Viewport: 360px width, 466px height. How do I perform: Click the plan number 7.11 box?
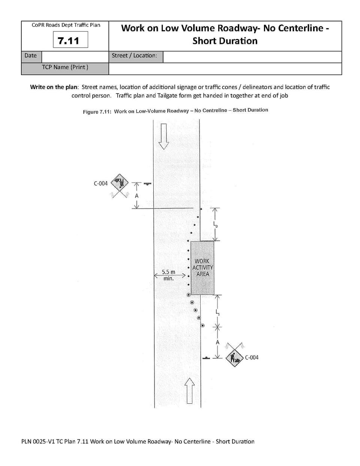coord(70,40)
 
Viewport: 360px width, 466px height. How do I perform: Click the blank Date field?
coord(75,56)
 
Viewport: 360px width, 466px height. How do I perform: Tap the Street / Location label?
coord(134,56)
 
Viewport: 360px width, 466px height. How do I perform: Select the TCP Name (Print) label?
coord(65,67)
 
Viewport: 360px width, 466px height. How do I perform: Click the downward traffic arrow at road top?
coord(164,136)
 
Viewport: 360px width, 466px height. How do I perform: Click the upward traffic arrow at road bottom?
coord(190,391)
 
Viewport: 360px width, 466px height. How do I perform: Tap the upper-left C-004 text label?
coord(100,183)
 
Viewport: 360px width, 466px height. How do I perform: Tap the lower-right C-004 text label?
coord(252,358)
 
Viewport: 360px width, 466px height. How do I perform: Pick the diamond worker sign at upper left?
coord(119,183)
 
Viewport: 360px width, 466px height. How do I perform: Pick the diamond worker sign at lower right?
coord(235,358)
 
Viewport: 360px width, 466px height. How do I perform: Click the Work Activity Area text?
coord(202,268)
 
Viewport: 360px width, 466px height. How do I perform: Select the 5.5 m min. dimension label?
coord(168,275)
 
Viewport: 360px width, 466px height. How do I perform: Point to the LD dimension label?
coord(216,225)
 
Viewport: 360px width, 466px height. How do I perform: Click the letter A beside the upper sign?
coord(136,196)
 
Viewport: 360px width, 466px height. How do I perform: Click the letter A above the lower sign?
coord(217,342)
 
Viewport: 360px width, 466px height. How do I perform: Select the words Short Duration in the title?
coord(225,41)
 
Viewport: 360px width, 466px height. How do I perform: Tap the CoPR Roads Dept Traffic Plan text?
coord(66,25)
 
